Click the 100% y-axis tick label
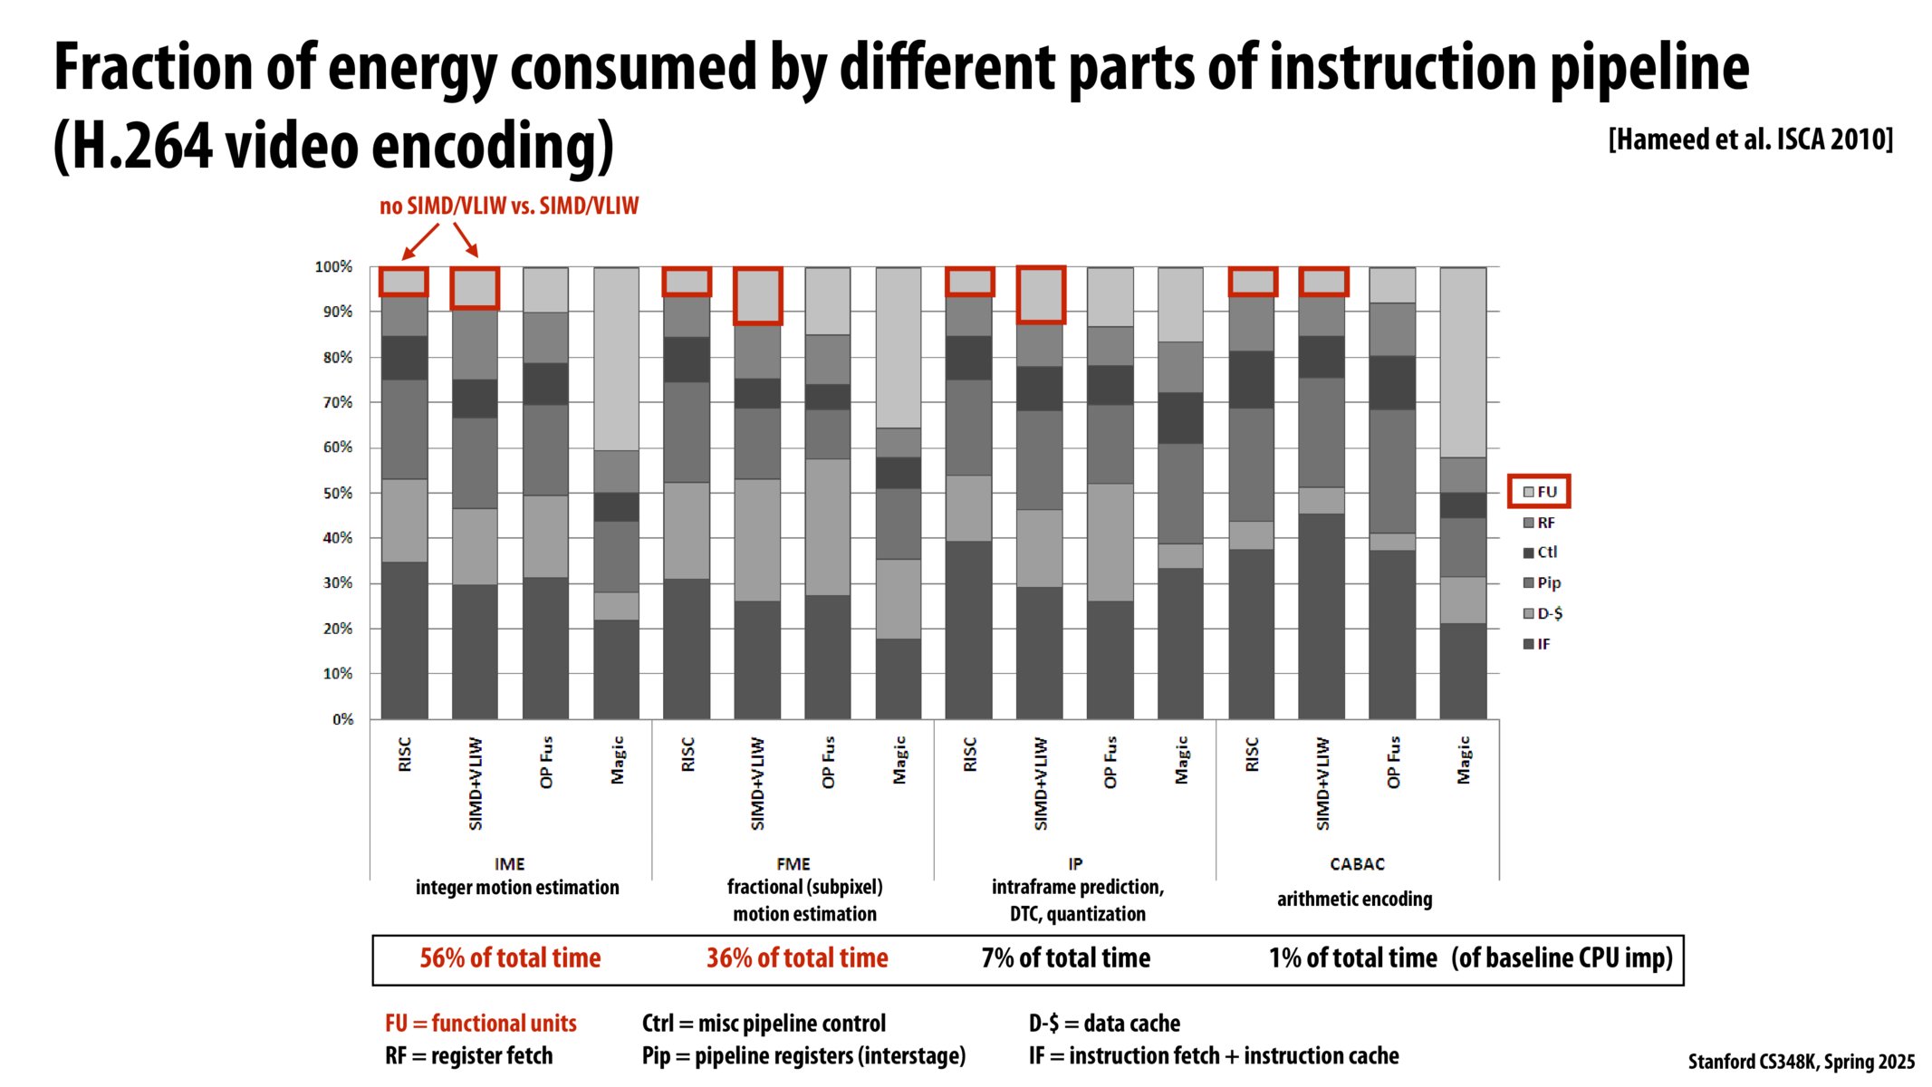click(x=333, y=267)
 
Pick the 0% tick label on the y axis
click(x=342, y=719)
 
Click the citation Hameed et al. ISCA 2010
click(x=1750, y=139)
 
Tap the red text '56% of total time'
click(x=510, y=958)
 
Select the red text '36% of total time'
click(x=797, y=958)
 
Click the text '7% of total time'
click(x=1065, y=958)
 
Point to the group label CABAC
click(x=1357, y=864)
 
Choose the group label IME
click(x=509, y=864)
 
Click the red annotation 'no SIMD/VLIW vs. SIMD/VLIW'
click(x=509, y=207)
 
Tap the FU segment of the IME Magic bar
click(x=616, y=359)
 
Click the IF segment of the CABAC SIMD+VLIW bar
click(x=1322, y=616)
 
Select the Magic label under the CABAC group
click(x=1464, y=760)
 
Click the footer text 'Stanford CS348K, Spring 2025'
click(x=1801, y=1062)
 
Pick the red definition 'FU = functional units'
click(x=481, y=1024)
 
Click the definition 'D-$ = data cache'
click(x=1104, y=1024)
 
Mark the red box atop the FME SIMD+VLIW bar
click(x=757, y=295)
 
